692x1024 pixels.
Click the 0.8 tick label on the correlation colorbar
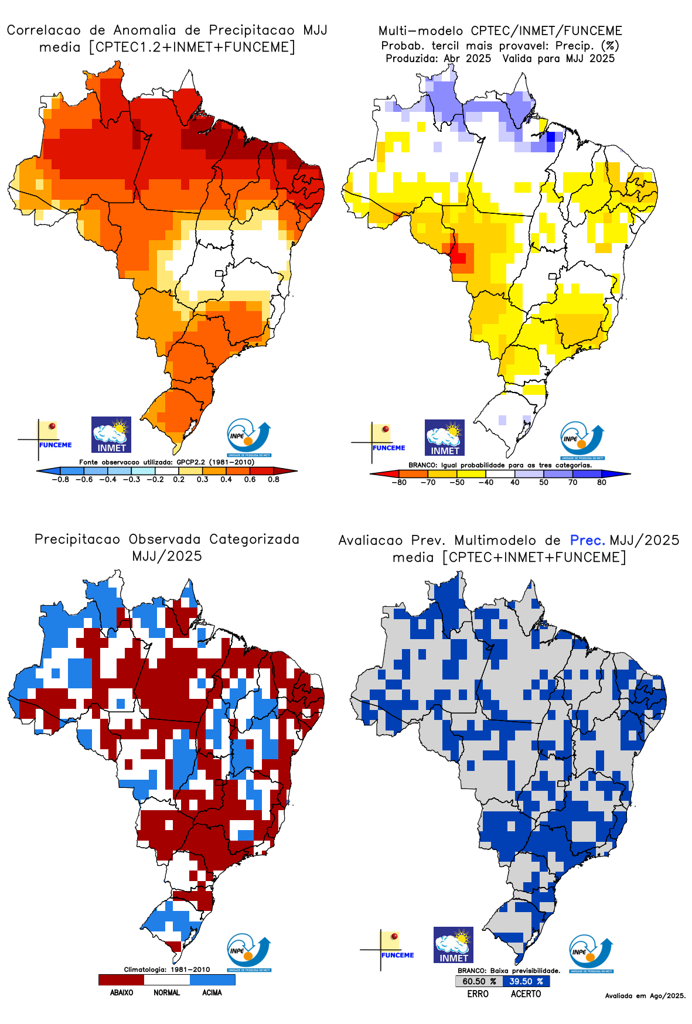coord(274,479)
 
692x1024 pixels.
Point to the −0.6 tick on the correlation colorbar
coord(84,479)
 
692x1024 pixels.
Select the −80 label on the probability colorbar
coord(399,483)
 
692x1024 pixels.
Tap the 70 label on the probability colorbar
coord(572,483)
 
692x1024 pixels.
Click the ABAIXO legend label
coord(121,992)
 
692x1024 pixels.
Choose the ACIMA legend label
coord(212,992)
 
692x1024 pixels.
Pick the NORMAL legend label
coord(167,992)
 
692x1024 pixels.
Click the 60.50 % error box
coord(479,981)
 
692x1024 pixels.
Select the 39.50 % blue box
coord(526,981)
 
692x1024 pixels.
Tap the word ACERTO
coord(526,994)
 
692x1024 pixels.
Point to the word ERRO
coord(478,994)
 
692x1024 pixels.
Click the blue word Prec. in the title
coord(588,540)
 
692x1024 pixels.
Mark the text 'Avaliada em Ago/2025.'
coord(645,995)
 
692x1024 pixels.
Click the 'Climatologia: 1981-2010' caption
coord(167,970)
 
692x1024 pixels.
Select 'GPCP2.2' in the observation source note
coord(191,462)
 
